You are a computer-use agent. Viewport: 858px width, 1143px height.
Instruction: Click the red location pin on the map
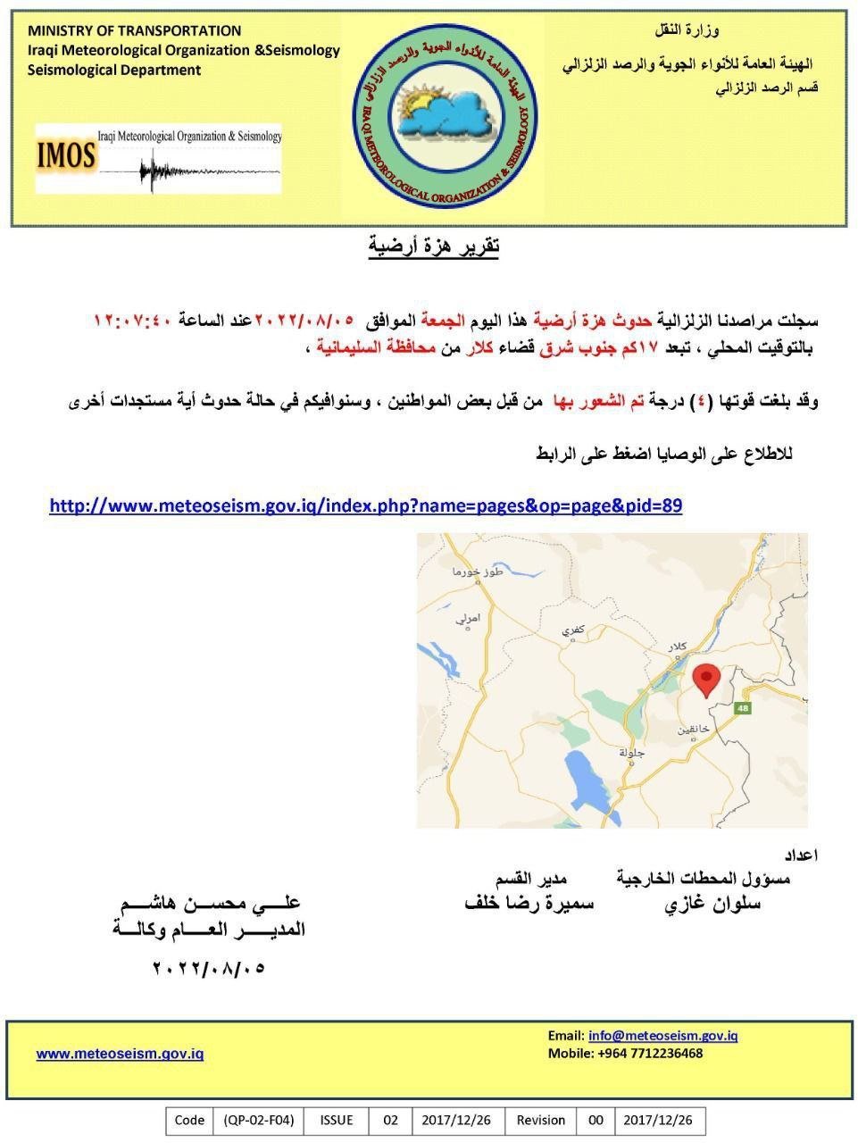point(706,680)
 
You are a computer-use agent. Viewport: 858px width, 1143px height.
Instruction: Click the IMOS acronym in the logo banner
point(65,157)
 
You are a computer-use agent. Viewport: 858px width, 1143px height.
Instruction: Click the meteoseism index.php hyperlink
point(365,506)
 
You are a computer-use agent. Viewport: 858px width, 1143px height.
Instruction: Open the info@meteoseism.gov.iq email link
point(662,1036)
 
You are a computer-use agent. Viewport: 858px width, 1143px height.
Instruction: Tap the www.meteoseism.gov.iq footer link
point(120,1054)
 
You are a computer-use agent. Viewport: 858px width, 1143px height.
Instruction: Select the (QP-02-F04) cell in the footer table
point(258,1120)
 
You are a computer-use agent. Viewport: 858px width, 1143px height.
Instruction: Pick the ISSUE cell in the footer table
point(337,1120)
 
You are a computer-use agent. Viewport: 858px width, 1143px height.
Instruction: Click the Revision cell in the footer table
point(541,1120)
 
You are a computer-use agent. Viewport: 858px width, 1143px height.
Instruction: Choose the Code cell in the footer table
point(189,1120)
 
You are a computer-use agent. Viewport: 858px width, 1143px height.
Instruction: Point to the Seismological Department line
point(114,71)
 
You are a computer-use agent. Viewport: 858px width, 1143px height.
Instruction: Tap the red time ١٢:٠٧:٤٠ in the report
point(135,320)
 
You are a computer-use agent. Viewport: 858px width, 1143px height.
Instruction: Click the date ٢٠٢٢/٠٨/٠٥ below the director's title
point(210,968)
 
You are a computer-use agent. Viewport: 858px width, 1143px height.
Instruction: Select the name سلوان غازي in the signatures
point(712,904)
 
